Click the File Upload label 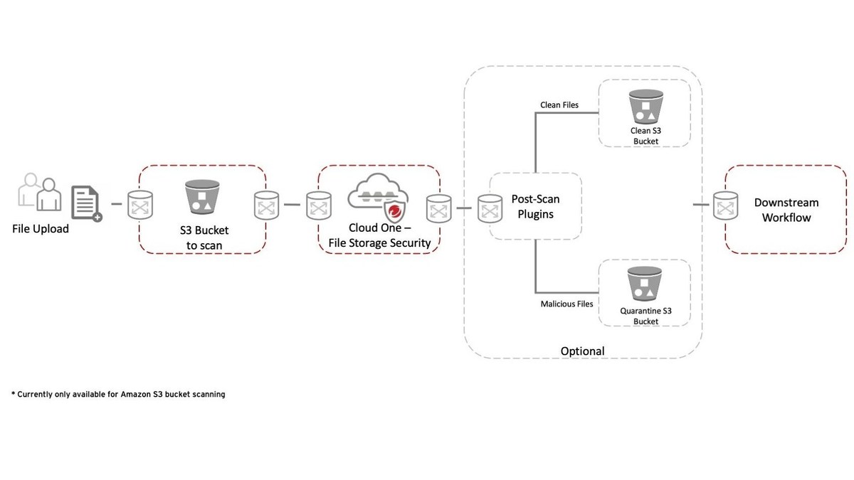[x=41, y=229]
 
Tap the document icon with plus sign [x=86, y=203]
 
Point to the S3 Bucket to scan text [x=203, y=238]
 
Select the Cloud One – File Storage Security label [x=379, y=236]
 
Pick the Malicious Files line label [x=567, y=304]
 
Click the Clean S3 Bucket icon [x=644, y=106]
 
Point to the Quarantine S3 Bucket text [x=645, y=316]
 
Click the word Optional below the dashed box [x=582, y=351]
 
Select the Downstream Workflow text [x=786, y=210]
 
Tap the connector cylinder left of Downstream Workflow [x=724, y=208]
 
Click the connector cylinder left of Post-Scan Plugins [x=488, y=208]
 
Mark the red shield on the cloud [x=392, y=211]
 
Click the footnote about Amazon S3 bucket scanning [x=118, y=394]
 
